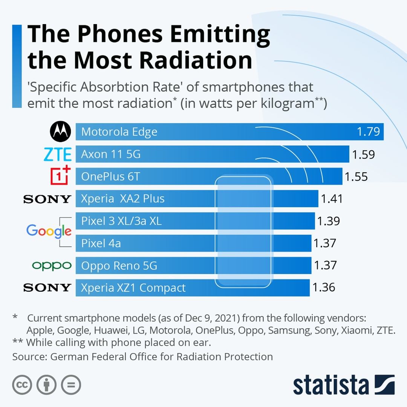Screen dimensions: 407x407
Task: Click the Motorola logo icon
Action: pyautogui.click(x=60, y=132)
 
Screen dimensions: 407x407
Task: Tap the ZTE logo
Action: pyautogui.click(x=57, y=154)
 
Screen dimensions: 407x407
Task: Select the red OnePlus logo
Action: pyautogui.click(x=61, y=175)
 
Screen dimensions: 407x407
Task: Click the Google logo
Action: pyautogui.click(x=49, y=231)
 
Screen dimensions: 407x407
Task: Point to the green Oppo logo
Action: pyautogui.click(x=52, y=266)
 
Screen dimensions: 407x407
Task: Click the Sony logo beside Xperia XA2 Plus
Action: pyautogui.click(x=47, y=199)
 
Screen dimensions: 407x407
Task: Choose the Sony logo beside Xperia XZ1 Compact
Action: pyautogui.click(x=47, y=288)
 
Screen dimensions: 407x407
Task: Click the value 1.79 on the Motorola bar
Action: pyautogui.click(x=369, y=132)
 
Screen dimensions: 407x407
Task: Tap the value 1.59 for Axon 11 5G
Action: pyautogui.click(x=363, y=155)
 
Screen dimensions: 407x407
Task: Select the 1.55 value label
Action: pyautogui.click(x=356, y=176)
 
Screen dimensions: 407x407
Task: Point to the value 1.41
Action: pyautogui.click(x=332, y=199)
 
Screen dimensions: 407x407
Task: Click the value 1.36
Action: pyautogui.click(x=324, y=288)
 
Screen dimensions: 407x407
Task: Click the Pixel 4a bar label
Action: pyautogui.click(x=101, y=243)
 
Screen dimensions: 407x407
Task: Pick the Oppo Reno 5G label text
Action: pyautogui.click(x=119, y=266)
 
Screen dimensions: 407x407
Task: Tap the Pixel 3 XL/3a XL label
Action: pyautogui.click(x=121, y=221)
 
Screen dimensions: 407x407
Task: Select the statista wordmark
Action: pyautogui.click(x=331, y=385)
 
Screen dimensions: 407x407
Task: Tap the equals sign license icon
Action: pyautogui.click(x=71, y=385)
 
